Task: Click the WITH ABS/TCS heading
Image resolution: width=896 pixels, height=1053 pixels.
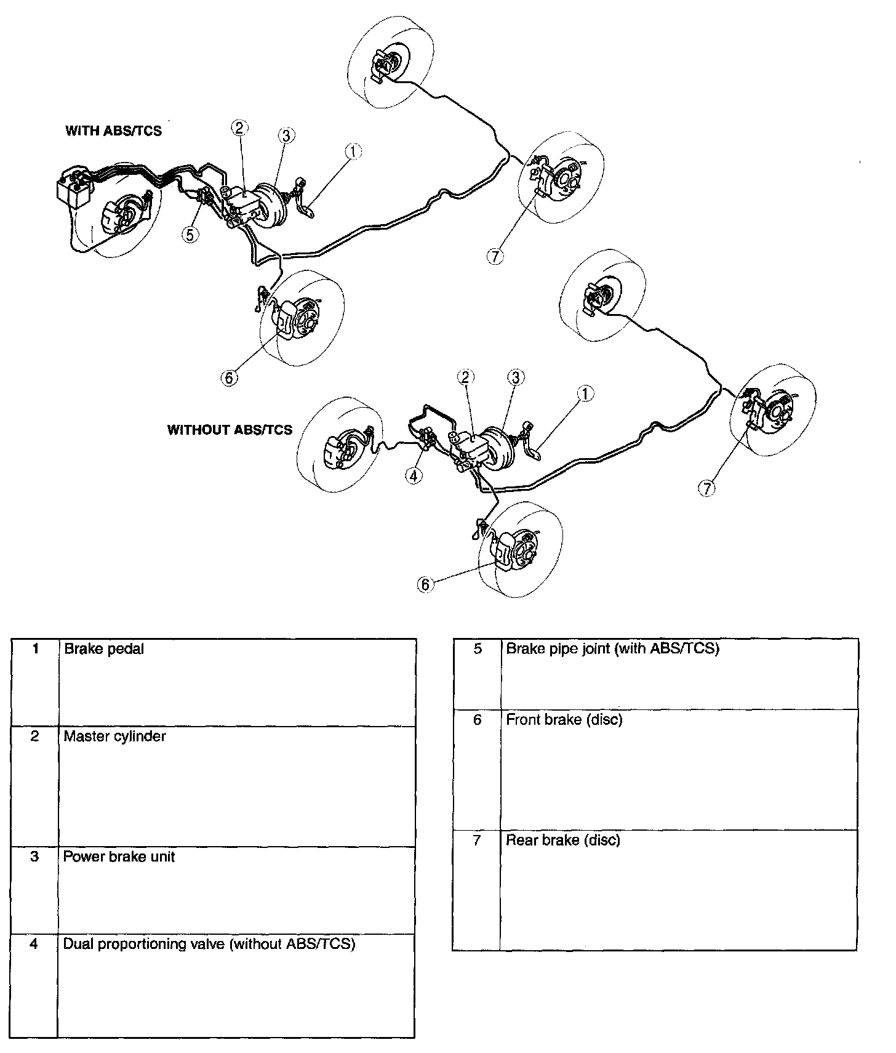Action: click(x=113, y=131)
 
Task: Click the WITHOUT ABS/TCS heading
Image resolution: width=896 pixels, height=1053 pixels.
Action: click(x=230, y=430)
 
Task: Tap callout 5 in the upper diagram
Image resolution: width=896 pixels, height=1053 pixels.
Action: click(x=191, y=234)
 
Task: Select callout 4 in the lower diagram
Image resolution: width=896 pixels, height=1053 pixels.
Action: click(x=414, y=475)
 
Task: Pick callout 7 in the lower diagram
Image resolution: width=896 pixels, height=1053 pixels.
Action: click(x=707, y=488)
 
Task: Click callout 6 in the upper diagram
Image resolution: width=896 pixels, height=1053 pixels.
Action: click(x=229, y=377)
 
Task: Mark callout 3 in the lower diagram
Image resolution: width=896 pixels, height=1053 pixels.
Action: click(x=515, y=377)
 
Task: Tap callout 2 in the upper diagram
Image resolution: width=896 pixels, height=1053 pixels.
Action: click(x=240, y=127)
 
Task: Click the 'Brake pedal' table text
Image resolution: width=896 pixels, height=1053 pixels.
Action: click(x=103, y=649)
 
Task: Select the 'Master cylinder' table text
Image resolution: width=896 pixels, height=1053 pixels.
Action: click(x=114, y=736)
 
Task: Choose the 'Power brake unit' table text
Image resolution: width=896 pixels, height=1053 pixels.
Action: click(x=119, y=857)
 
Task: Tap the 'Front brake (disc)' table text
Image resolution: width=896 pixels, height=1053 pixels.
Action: click(x=564, y=719)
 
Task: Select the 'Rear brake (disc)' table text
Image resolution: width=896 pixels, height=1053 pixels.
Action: click(x=562, y=840)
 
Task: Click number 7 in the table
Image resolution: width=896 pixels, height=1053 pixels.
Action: click(x=477, y=840)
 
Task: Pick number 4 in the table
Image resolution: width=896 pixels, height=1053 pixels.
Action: click(x=34, y=944)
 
